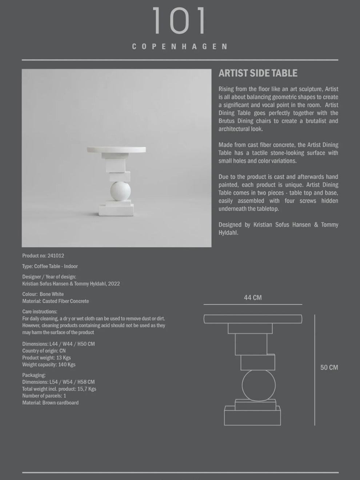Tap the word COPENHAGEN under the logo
pyautogui.click(x=180, y=47)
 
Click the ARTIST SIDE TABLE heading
pyautogui.click(x=258, y=73)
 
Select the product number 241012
pyautogui.click(x=56, y=256)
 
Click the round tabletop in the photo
pyautogui.click(x=116, y=149)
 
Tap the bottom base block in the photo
pyautogui.click(x=116, y=210)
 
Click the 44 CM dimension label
pyautogui.click(x=253, y=297)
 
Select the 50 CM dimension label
pyautogui.click(x=329, y=368)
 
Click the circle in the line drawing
pyautogui.click(x=259, y=385)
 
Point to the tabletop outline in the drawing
pyautogui.click(x=253, y=319)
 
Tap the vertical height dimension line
pyautogui.click(x=315, y=370)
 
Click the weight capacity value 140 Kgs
pyautogui.click(x=67, y=365)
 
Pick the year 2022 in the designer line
pyautogui.click(x=114, y=284)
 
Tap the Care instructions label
pyautogui.click(x=40, y=312)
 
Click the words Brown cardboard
pyautogui.click(x=60, y=403)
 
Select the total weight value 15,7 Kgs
pyautogui.click(x=87, y=389)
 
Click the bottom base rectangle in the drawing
pyautogui.click(x=252, y=416)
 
